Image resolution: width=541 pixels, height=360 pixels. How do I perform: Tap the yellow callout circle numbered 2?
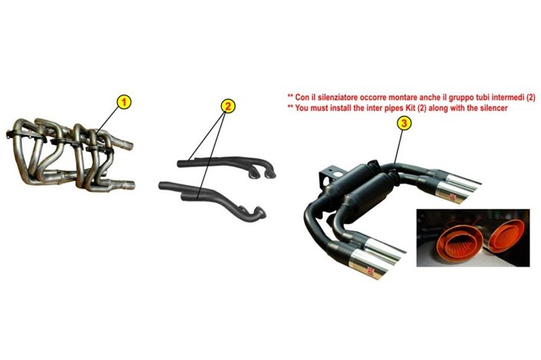226,106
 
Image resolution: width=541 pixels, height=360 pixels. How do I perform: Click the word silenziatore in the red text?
333,96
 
